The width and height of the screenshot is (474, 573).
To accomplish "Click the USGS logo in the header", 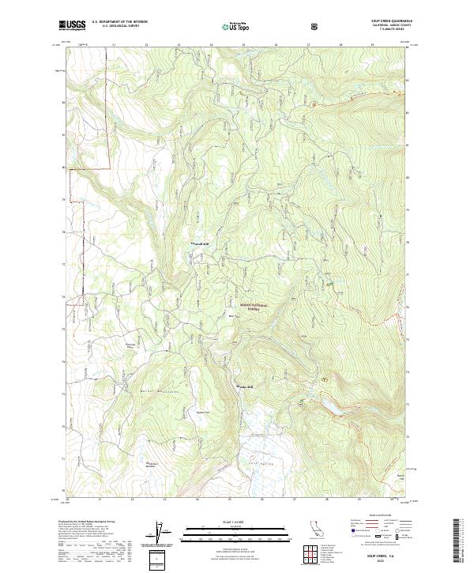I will coord(72,26).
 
